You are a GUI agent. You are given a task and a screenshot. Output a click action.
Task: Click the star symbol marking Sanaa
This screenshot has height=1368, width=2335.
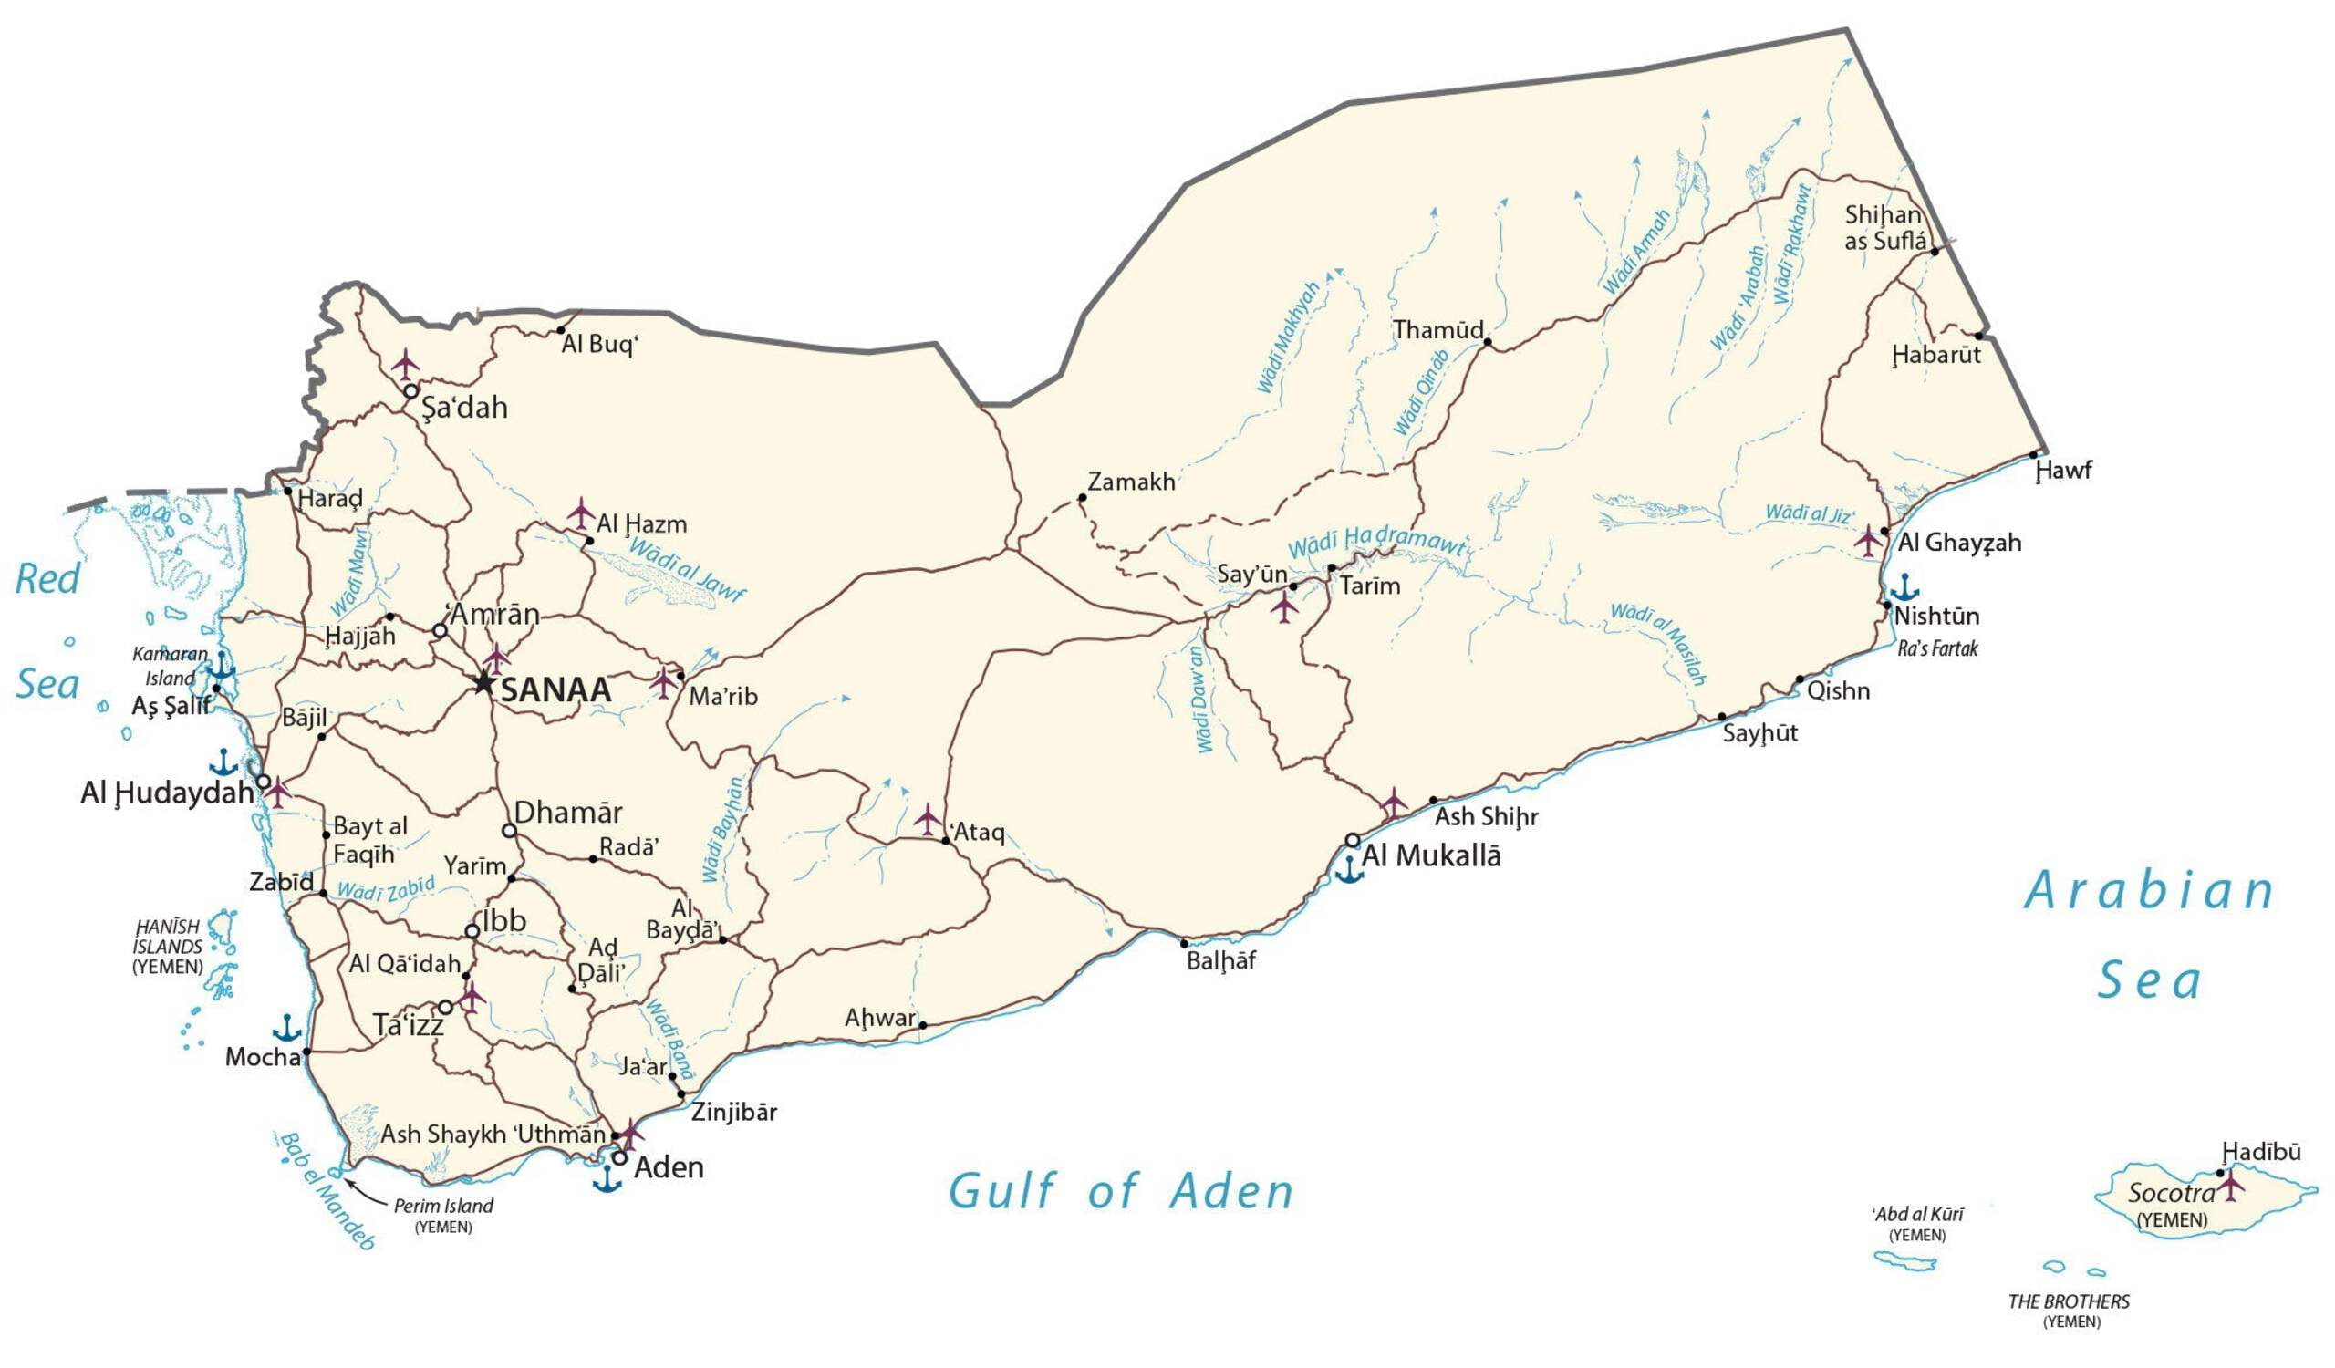(483, 682)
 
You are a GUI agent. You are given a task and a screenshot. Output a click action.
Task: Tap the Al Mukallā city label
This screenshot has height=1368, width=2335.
(1431, 855)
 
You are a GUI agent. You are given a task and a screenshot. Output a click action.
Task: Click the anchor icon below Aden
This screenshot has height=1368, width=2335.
(607, 1180)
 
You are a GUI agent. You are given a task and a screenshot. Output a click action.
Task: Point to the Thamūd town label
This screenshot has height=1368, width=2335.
(1438, 330)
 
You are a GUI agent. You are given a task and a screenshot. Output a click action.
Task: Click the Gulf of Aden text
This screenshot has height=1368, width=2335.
(1120, 1191)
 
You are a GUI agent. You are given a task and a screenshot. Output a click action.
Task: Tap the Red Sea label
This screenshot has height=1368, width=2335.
(47, 632)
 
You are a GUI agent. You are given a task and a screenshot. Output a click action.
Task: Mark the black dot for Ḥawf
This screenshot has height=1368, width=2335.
(2034, 455)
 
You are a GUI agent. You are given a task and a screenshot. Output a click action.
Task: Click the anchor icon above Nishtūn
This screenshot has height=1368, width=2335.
(1905, 587)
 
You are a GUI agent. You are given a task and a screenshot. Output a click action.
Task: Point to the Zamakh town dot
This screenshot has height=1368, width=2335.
(1082, 498)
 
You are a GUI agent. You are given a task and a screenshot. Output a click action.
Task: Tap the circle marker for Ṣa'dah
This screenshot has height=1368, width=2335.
(410, 391)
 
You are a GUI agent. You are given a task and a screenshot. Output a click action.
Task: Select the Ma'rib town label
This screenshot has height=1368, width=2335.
(722, 697)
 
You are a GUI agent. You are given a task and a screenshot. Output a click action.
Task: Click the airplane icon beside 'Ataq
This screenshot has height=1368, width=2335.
(927, 820)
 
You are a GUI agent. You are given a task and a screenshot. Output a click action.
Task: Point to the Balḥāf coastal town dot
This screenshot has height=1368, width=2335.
(1183, 944)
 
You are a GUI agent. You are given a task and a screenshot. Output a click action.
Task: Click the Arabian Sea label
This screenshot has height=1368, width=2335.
(2150, 936)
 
